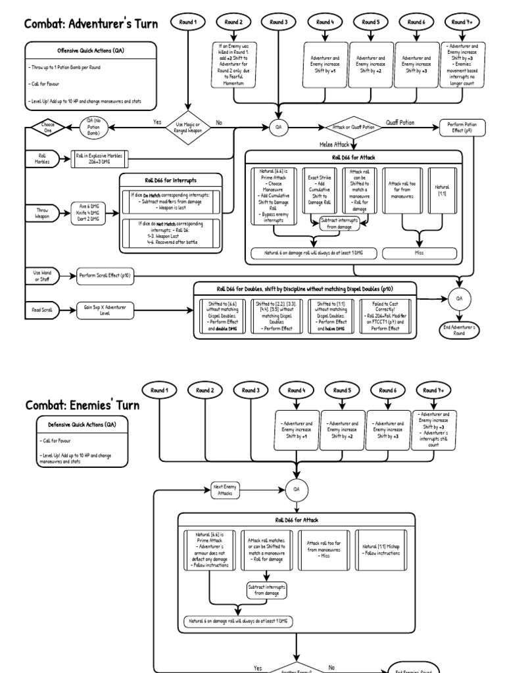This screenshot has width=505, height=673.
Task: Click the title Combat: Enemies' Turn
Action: pos(83,405)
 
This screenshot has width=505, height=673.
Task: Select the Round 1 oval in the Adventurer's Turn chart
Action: pos(187,22)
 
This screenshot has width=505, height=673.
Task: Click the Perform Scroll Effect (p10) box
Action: pos(105,276)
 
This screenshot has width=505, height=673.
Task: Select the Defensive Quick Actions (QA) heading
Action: pos(83,425)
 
